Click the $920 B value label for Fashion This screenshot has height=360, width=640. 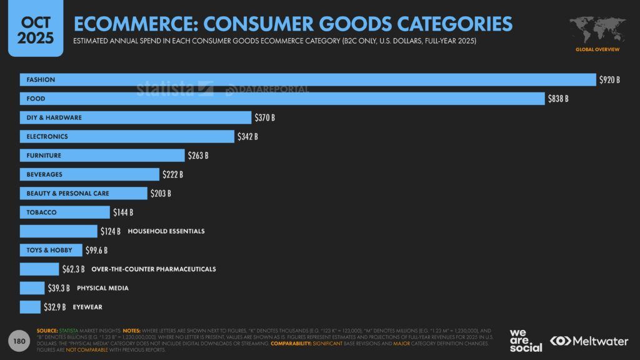[609, 80]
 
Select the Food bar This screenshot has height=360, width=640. [282, 99]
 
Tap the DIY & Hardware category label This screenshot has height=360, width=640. [54, 117]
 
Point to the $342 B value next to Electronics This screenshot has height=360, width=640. [247, 136]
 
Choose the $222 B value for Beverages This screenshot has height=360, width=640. [172, 174]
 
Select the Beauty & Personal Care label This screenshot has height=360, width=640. [67, 194]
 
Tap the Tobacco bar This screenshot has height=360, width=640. [64, 212]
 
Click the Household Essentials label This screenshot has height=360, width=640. [166, 231]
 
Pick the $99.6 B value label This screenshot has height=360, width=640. [96, 251]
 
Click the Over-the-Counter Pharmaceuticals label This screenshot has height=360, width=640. [154, 269]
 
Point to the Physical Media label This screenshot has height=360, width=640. [103, 288]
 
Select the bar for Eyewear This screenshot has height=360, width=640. [30, 307]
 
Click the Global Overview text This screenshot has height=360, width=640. [597, 49]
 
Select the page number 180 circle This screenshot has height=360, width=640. [19, 341]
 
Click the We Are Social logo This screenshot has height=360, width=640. [525, 341]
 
